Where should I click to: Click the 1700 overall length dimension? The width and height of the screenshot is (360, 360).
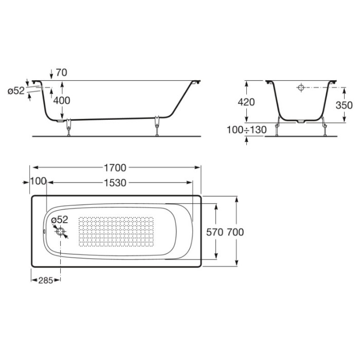click(x=115, y=168)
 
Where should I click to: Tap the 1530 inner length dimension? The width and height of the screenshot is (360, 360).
click(x=115, y=183)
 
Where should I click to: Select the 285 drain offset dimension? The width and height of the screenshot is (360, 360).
click(x=45, y=280)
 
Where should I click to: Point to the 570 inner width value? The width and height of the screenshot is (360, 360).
click(x=214, y=232)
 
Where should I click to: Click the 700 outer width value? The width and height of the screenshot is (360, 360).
click(x=236, y=232)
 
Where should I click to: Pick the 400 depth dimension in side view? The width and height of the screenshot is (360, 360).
click(x=62, y=101)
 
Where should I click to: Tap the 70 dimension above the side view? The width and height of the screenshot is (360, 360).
click(x=62, y=73)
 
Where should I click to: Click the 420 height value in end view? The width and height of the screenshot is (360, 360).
click(x=246, y=102)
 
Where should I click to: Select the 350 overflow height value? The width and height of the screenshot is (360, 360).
click(x=344, y=105)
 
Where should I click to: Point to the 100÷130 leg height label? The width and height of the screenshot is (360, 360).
click(x=246, y=130)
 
